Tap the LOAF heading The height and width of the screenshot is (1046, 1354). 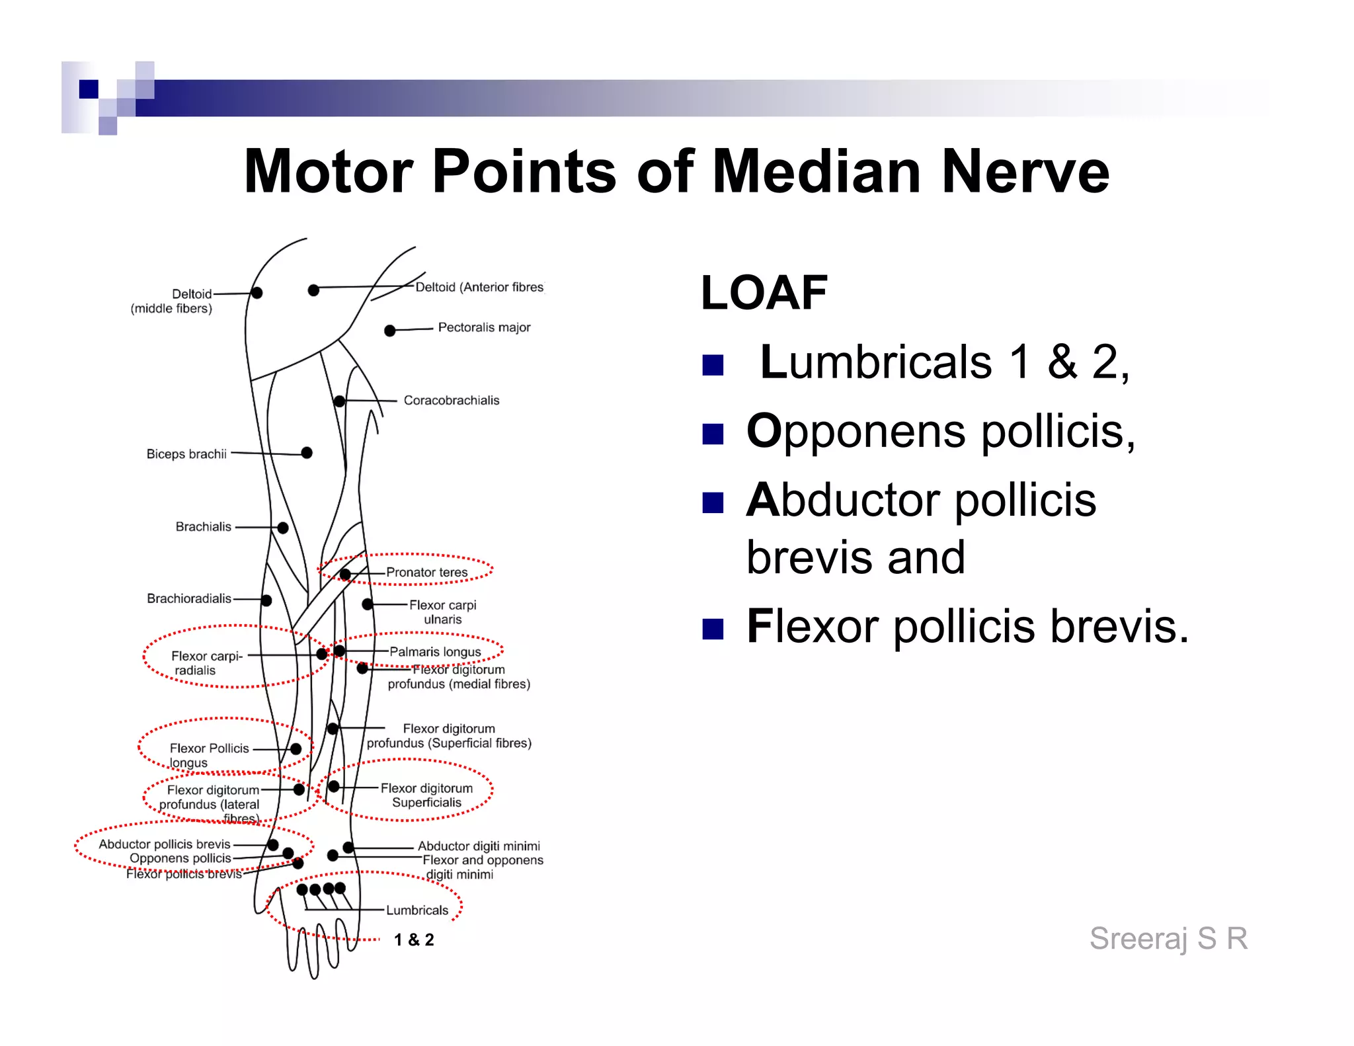764,293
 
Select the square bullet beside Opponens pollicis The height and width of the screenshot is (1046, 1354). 713,434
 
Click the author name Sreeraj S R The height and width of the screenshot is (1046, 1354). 1168,938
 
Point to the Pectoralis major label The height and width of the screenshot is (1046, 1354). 484,327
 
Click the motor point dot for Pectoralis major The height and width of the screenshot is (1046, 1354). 390,331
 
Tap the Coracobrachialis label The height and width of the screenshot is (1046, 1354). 452,400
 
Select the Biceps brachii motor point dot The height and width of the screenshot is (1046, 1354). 307,453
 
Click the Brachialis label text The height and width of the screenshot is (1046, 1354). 204,527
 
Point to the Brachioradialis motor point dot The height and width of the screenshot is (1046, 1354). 266,600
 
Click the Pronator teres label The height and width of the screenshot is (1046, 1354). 426,572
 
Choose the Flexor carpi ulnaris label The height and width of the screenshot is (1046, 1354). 442,612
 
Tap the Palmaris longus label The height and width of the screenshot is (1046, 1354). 435,652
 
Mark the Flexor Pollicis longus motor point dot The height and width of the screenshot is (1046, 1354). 296,748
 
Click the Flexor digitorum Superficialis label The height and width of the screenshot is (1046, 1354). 426,795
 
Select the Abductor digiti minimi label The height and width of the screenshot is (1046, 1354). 479,846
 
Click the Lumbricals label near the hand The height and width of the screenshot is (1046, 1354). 417,910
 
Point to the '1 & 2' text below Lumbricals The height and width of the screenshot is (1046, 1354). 414,940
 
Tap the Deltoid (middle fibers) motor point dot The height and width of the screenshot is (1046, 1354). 257,292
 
